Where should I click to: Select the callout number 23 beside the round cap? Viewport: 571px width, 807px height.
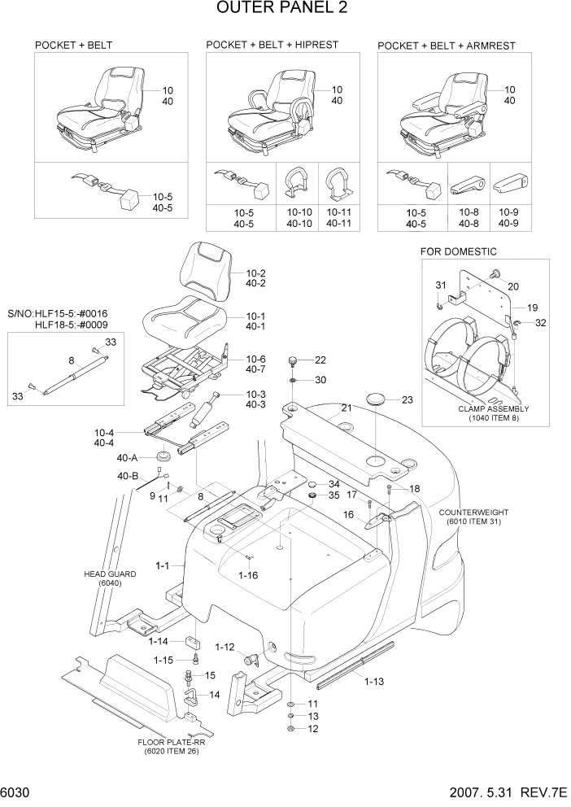tap(408, 399)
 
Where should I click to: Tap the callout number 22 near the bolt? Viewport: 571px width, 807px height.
tap(320, 360)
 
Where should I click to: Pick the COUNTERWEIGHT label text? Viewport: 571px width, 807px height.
tap(473, 513)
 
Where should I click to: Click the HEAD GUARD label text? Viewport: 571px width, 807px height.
tap(110, 574)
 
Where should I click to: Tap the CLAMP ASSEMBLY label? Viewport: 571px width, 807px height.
tap(493, 408)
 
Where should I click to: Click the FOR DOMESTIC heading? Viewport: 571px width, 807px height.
tap(458, 251)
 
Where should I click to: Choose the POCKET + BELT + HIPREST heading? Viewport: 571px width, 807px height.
tap(272, 45)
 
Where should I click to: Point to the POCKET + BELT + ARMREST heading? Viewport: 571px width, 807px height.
tap(446, 46)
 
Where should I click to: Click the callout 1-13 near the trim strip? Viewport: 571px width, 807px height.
tap(373, 681)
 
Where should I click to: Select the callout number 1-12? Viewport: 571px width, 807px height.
tap(224, 647)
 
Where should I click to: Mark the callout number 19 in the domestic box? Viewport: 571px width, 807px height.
tap(532, 308)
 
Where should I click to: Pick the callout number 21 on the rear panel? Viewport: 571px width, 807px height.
tap(346, 408)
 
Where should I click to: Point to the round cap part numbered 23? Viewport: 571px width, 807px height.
tap(376, 399)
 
